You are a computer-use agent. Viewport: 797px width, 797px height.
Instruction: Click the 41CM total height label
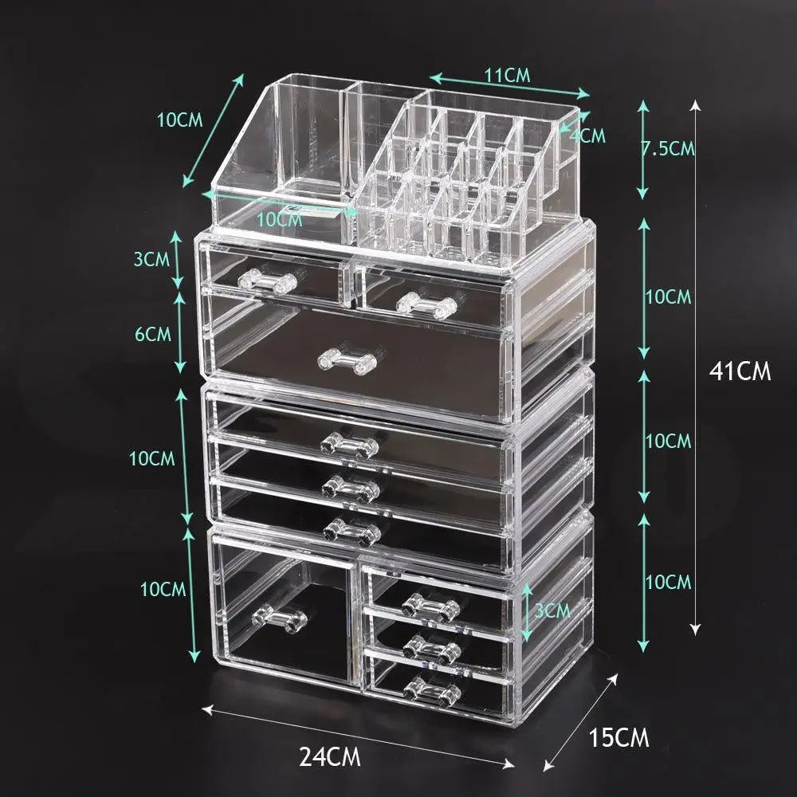740,371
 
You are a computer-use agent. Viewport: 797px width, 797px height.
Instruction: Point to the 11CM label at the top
508,77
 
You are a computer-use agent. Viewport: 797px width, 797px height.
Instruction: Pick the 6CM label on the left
153,333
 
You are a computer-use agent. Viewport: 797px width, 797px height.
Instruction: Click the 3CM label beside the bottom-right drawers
552,611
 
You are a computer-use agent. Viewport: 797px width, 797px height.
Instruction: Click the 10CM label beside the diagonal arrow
179,120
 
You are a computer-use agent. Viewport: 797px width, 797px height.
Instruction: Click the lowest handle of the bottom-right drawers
431,686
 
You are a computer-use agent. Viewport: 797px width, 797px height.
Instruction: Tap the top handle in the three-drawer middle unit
350,444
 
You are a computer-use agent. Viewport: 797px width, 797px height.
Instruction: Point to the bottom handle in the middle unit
351,529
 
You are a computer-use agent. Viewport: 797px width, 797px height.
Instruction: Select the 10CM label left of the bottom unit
163,590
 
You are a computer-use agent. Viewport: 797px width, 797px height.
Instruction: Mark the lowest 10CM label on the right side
668,582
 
